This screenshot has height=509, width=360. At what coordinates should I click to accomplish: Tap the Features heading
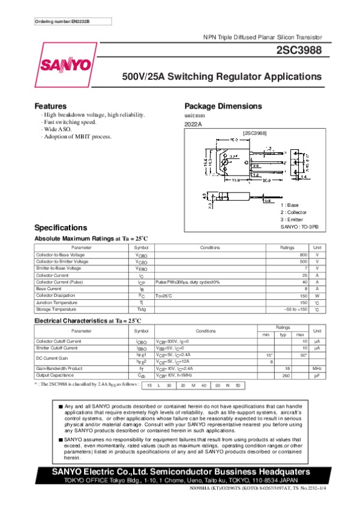[50, 106]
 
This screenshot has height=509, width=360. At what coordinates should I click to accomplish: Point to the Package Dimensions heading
[223, 106]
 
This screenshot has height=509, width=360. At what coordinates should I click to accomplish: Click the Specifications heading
[61, 228]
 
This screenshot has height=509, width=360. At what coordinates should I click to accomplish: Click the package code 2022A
[193, 124]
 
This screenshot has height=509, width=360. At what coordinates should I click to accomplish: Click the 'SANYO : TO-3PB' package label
[300, 227]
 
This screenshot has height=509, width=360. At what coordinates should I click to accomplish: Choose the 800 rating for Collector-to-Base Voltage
[303, 255]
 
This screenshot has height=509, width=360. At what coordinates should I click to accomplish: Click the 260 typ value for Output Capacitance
[286, 375]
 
